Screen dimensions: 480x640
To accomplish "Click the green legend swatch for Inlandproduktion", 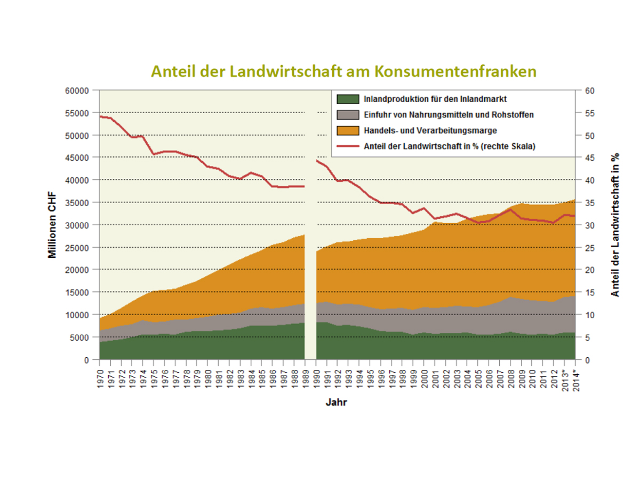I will [347, 99].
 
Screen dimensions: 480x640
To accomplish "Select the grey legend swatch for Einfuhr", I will [347, 114].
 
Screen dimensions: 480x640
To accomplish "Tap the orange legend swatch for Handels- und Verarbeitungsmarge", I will [347, 130].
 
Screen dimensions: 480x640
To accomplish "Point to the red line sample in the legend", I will [347, 146].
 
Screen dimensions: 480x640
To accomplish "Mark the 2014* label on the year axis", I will [574, 379].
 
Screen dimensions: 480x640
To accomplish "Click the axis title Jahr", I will [337, 403].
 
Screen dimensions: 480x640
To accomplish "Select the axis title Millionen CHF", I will [52, 225].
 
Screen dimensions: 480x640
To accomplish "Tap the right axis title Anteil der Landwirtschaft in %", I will [615, 225].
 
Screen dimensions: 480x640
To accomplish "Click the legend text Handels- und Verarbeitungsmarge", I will [430, 130].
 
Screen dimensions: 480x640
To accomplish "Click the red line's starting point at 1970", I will [100, 116].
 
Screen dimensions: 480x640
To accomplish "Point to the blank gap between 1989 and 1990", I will [310, 267].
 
